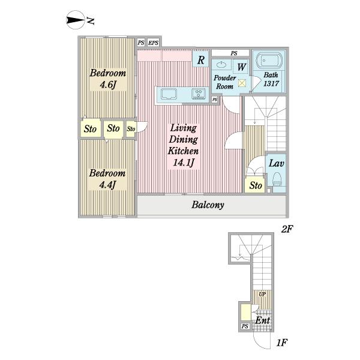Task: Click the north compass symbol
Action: tap(74, 20)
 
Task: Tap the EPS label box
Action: tap(153, 43)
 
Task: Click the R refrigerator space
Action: tap(200, 59)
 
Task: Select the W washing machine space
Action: tap(241, 67)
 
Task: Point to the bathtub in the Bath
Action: tap(269, 61)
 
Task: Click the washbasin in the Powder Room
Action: tap(221, 64)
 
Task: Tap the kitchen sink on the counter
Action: tap(169, 94)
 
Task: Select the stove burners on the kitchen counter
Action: tap(199, 94)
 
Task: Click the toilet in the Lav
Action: tap(277, 179)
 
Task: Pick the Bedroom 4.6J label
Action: tap(108, 79)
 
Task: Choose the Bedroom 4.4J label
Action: tap(107, 179)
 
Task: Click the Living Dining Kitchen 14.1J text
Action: tap(183, 145)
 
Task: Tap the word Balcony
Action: tap(208, 205)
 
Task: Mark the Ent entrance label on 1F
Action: tap(263, 320)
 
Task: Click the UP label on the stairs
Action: tap(262, 294)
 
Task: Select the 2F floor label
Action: tap(287, 229)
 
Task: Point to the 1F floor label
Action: tap(281, 343)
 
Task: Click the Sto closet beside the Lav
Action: tap(256, 185)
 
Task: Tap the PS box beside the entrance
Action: tap(245, 326)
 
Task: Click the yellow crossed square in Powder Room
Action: tap(242, 83)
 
